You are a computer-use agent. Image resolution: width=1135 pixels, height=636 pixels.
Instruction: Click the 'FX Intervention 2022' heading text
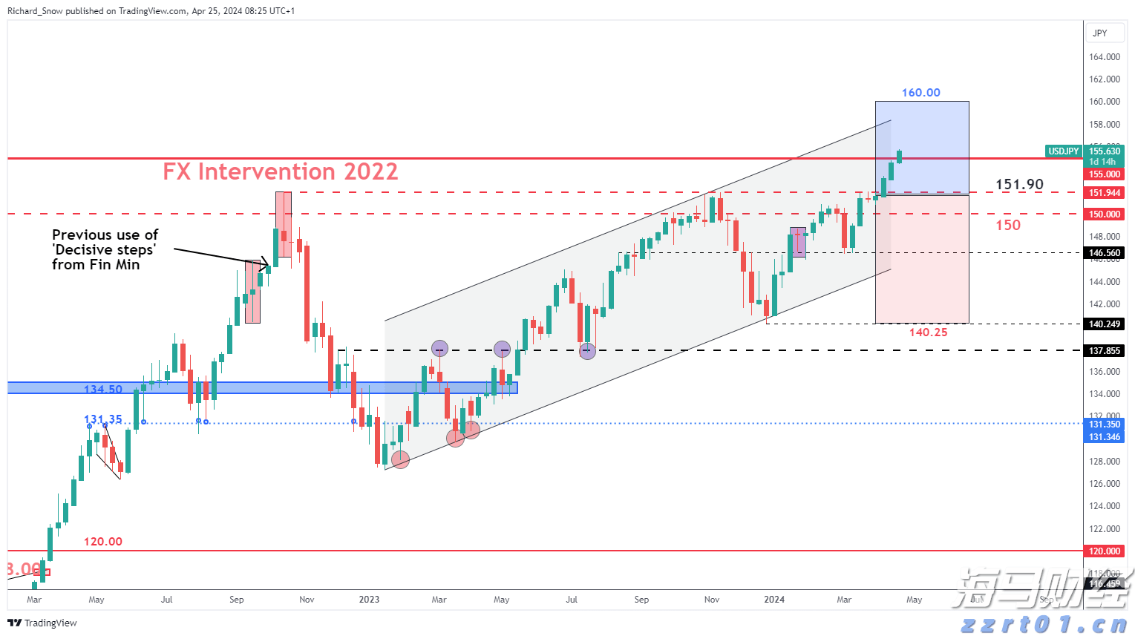pos(280,171)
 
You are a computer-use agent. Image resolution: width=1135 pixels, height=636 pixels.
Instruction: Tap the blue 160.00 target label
pos(920,93)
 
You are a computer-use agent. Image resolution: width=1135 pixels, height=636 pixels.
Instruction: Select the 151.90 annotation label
pos(1019,184)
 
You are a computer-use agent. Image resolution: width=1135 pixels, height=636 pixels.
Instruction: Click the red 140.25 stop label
pos(928,332)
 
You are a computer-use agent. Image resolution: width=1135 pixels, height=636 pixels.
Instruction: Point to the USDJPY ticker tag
pos(1063,151)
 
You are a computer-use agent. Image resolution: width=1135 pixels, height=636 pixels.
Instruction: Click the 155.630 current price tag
pos(1104,151)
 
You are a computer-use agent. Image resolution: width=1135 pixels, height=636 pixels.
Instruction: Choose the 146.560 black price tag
pos(1104,253)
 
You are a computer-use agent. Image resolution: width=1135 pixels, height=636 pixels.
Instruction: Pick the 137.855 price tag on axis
pos(1104,351)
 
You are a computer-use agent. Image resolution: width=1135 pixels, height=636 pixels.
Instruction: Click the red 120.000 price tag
pos(1104,551)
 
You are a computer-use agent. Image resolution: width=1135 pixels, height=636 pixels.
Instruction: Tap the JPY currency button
pos(1100,33)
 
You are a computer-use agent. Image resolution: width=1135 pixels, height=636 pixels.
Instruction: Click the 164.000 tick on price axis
pos(1104,57)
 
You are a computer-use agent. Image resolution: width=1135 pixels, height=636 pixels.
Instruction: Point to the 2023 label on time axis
pos(369,600)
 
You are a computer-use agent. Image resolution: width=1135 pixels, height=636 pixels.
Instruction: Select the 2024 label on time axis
pos(774,600)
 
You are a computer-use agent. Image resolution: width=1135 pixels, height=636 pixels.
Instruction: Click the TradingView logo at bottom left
pos(42,623)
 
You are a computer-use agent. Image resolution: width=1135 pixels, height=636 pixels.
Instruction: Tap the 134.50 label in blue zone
pos(103,389)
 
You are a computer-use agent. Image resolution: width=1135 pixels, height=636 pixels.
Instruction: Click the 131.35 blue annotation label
pos(103,420)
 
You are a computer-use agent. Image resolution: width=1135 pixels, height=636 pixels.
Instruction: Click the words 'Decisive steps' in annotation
pos(104,250)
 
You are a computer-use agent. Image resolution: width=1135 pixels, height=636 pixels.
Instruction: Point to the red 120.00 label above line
pos(102,542)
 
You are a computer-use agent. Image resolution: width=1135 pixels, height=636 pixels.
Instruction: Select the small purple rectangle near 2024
pos(798,242)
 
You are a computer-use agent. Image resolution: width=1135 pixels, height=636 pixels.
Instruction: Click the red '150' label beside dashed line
pos(1007,225)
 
